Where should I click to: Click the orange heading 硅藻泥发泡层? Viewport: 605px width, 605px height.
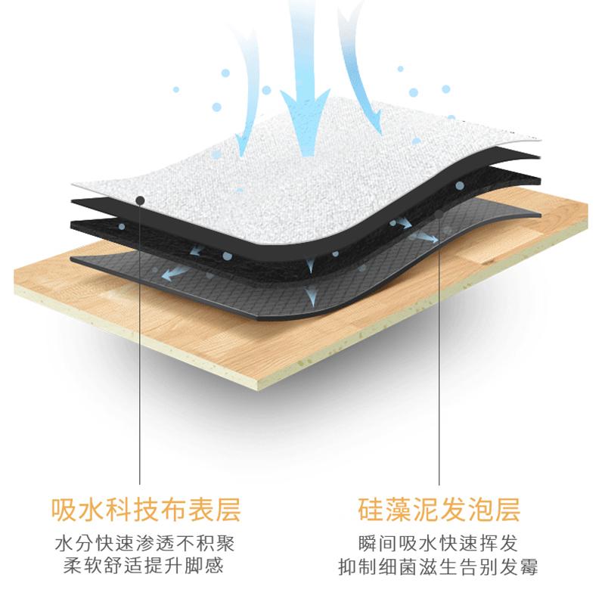(x=439, y=510)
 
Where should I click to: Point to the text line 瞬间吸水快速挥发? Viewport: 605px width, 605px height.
(x=439, y=544)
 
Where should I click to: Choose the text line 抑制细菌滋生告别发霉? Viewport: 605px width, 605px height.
(x=439, y=566)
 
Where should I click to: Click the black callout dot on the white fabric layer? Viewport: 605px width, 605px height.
(x=141, y=200)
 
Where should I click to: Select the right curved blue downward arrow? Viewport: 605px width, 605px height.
(x=363, y=76)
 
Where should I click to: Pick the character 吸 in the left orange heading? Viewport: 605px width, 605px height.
(x=62, y=510)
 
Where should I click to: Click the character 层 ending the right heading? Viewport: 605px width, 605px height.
(x=507, y=510)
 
